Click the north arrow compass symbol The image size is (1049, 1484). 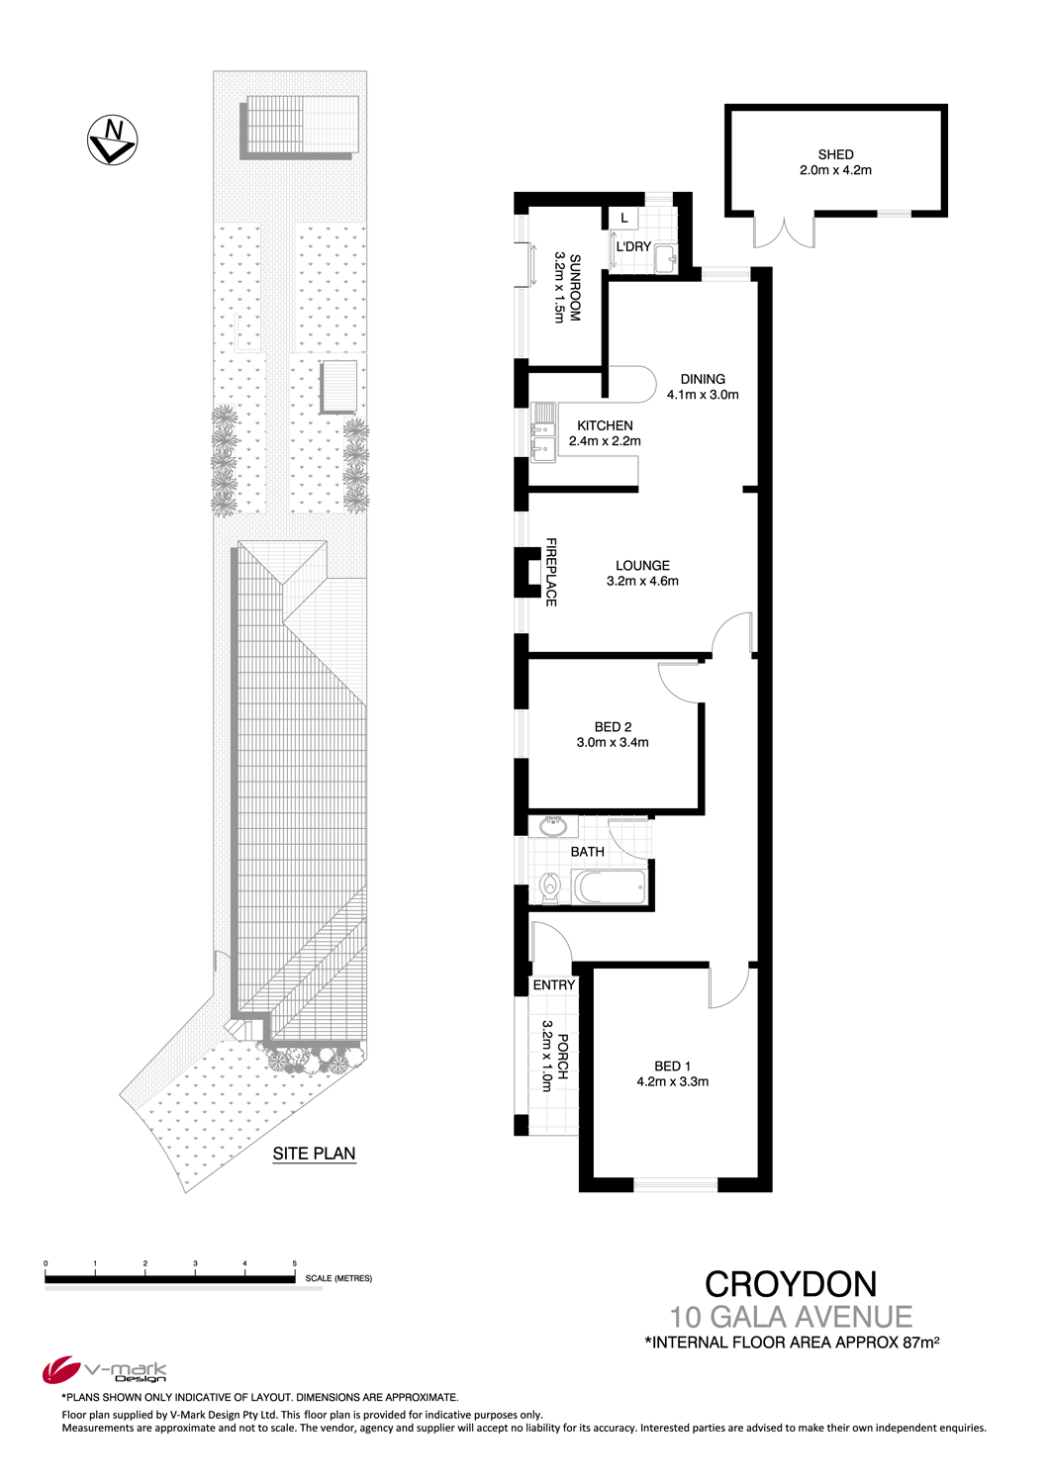point(112,139)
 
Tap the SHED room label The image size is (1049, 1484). point(835,154)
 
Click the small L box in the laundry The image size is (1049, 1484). point(624,218)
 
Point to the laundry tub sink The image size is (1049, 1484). point(665,258)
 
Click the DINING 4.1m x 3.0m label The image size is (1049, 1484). point(703,387)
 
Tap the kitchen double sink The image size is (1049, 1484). point(543,432)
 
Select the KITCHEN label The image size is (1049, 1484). point(605,425)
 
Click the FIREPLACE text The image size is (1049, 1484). point(550,573)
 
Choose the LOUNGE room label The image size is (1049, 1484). point(642,566)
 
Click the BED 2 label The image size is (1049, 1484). point(613,727)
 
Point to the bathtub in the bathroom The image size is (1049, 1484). point(609,886)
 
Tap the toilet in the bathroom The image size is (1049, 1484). point(549,887)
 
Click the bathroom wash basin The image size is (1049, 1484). point(552,827)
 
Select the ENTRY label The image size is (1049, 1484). point(553,985)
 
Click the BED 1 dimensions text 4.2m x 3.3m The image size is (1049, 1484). point(672,1082)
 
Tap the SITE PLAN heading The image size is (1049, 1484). point(314,1154)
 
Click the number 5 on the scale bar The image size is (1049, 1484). point(295,1263)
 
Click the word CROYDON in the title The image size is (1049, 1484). point(791,1284)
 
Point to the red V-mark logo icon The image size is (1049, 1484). point(60,1369)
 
